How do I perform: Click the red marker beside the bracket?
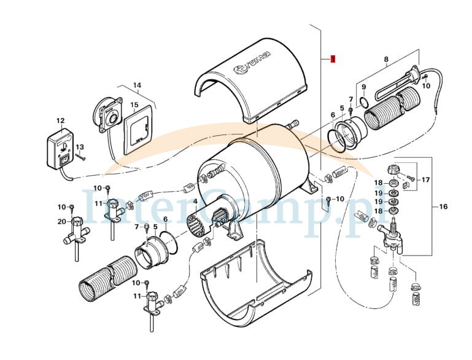332,60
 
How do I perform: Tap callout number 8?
386,60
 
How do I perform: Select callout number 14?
137,85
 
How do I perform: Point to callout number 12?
60,120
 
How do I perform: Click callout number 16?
443,207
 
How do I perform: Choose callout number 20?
61,221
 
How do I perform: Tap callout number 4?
195,202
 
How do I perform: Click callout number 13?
79,147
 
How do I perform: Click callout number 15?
134,104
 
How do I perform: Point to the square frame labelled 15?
139,130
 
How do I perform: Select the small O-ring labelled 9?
363,101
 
